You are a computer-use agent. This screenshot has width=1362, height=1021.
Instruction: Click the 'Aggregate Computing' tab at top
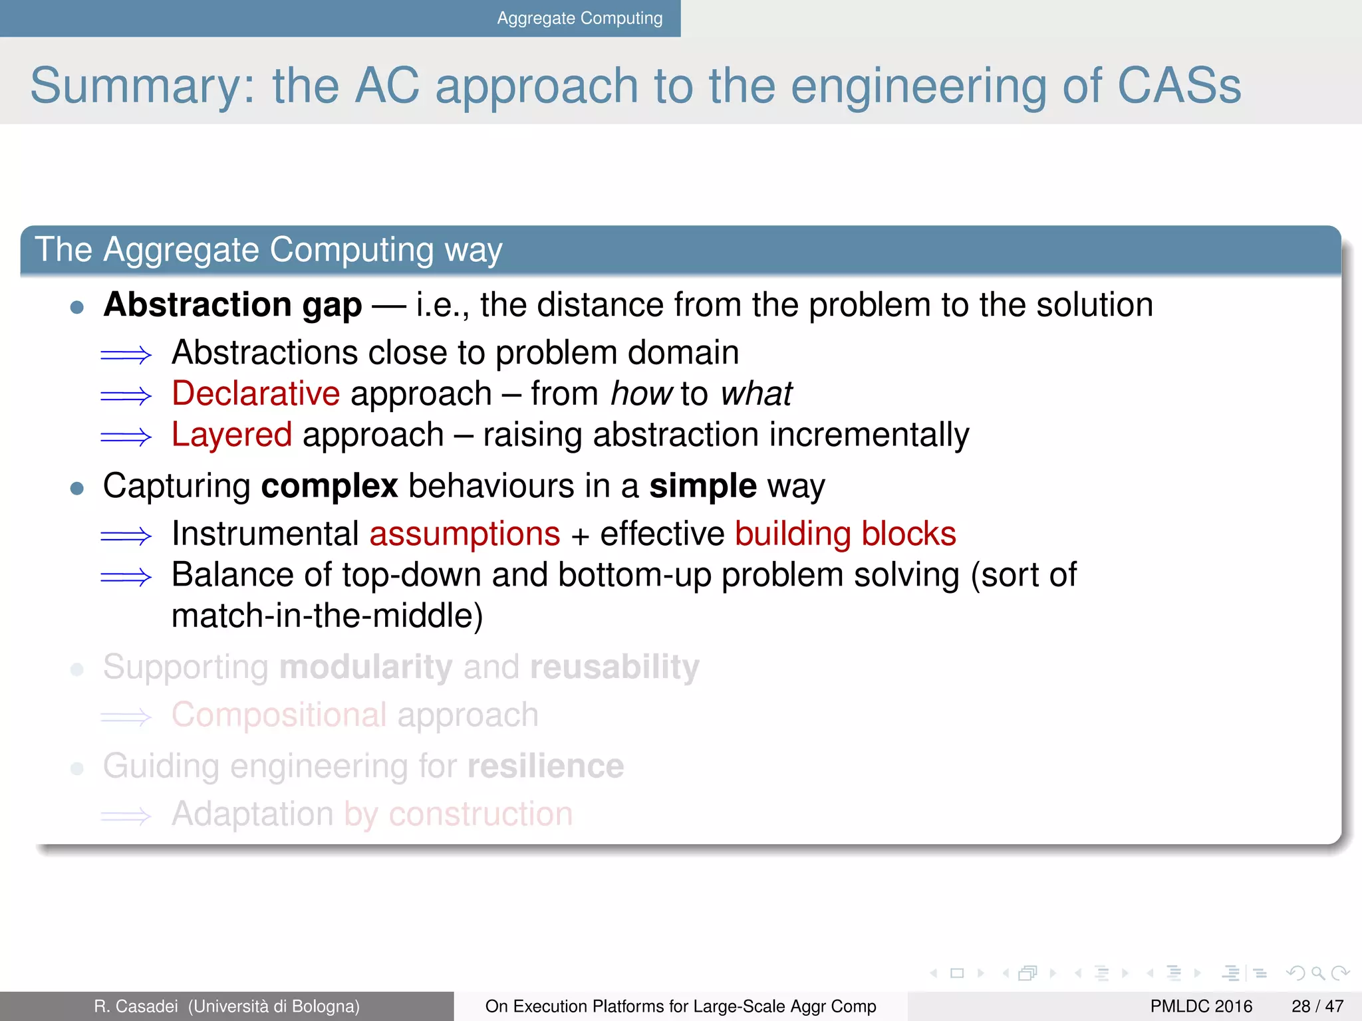pos(579,18)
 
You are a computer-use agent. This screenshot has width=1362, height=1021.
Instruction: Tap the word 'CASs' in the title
pos(1178,86)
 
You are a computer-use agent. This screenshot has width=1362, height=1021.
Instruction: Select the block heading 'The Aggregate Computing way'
pos(268,250)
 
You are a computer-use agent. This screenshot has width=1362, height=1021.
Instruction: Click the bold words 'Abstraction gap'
pos(233,305)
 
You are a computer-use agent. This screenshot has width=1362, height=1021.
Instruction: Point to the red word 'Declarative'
pos(256,394)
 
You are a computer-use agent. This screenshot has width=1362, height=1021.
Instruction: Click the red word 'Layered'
pos(231,435)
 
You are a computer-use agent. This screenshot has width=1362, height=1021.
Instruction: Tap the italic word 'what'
pos(756,394)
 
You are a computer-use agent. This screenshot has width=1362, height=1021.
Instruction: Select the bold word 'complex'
pos(329,486)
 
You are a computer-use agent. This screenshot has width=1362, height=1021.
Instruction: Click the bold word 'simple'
pos(702,486)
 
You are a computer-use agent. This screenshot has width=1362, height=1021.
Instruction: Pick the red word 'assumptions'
pos(465,534)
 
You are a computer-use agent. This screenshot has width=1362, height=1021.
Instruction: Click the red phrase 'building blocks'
pos(845,534)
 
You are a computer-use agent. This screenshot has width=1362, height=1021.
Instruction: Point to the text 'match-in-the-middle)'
pos(327,616)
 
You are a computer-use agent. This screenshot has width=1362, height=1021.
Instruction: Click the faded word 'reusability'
pos(614,667)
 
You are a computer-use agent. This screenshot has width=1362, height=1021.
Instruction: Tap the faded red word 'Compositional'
pos(279,715)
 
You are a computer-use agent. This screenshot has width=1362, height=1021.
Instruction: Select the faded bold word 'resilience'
pos(545,766)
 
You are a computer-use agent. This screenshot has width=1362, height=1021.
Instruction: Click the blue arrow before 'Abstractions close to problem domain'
pos(126,355)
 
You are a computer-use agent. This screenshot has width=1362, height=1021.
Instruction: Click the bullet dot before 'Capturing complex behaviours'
pos(77,489)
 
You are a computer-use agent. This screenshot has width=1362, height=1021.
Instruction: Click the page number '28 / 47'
pos(1317,1006)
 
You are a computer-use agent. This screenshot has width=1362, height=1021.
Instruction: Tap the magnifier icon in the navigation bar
pos(1317,974)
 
